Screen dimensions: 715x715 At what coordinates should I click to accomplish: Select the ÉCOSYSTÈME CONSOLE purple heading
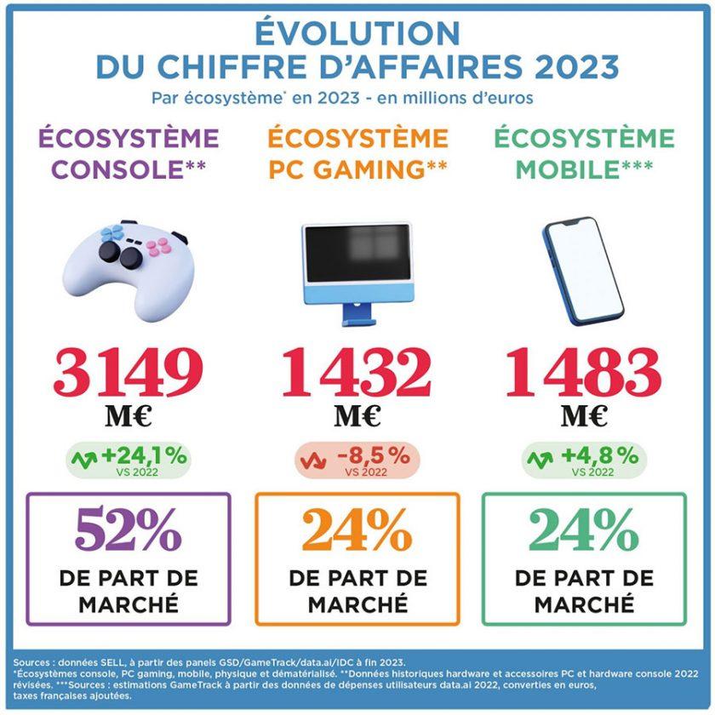pyautogui.click(x=128, y=153)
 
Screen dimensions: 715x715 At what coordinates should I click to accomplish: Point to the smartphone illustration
pyautogui.click(x=584, y=271)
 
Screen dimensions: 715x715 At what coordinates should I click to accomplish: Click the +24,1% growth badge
pyautogui.click(x=129, y=460)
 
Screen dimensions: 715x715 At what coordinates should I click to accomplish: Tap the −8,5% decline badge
pyautogui.click(x=357, y=460)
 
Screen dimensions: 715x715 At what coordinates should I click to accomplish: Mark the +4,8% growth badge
pyautogui.click(x=584, y=460)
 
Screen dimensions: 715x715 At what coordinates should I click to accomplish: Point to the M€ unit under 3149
pyautogui.click(x=128, y=416)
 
